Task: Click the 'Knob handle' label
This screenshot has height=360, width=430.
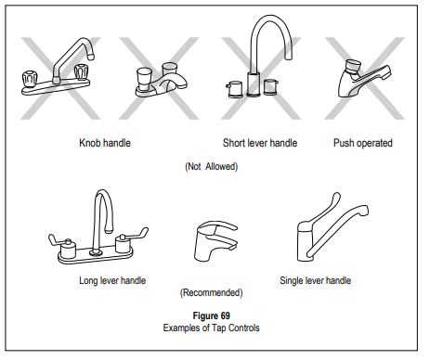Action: coord(105,143)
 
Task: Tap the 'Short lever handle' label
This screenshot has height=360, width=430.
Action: coord(260,143)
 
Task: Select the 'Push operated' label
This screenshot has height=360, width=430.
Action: coord(363,143)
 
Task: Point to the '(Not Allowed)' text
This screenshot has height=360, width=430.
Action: coord(212,167)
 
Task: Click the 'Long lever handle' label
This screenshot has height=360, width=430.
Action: coord(112,280)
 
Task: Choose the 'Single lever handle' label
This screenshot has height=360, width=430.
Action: coord(316,280)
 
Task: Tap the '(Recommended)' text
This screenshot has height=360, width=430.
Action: coord(212,292)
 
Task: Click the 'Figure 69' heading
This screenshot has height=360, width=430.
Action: coord(212,315)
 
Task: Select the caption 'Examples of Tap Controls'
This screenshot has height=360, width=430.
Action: coord(212,328)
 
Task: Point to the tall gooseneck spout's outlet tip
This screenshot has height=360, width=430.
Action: coord(289,57)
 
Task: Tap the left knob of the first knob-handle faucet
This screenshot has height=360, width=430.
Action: coord(30,78)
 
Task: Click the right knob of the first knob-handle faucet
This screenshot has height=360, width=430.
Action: coord(82,71)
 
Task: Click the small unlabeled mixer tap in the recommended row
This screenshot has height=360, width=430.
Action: coord(215,240)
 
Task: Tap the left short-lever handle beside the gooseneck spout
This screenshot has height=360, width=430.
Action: coord(235,90)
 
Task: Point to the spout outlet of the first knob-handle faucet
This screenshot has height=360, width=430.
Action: coord(91,57)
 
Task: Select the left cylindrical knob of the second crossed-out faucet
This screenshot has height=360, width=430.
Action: coord(144,79)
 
